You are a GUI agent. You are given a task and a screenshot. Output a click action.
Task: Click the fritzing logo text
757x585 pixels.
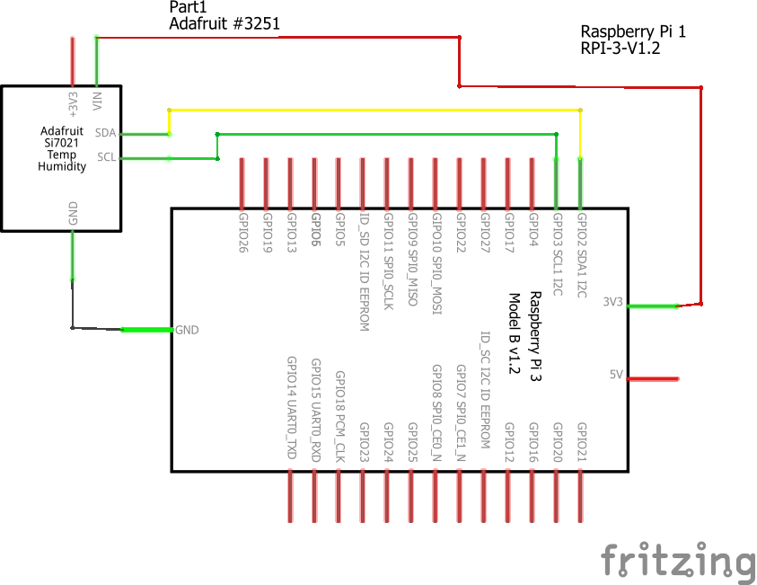678,561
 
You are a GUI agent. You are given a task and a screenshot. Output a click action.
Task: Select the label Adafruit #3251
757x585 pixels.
224,24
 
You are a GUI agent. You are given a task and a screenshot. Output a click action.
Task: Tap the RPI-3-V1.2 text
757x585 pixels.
621,49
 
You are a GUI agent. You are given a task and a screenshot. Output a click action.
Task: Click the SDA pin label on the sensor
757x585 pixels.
106,133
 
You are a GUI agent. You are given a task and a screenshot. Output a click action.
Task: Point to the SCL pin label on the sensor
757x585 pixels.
106,157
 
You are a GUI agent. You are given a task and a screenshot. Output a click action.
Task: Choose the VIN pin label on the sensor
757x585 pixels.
97,99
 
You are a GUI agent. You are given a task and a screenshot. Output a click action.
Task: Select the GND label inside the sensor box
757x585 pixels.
73,213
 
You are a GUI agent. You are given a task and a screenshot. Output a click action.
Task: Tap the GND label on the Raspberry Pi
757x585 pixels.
187,330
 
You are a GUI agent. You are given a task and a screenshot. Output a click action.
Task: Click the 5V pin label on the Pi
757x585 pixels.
616,374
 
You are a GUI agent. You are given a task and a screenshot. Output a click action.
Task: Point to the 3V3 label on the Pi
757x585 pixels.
613,302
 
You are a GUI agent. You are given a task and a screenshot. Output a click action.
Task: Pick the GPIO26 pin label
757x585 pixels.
242,233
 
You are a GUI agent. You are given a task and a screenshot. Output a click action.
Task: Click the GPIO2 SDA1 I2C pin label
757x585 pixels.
581,256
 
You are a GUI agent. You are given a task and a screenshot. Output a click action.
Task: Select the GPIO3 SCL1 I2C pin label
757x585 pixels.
557,256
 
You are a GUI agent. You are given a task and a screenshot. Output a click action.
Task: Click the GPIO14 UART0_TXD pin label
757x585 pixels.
291,408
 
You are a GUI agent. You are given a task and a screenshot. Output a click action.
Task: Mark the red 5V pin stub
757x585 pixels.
652,379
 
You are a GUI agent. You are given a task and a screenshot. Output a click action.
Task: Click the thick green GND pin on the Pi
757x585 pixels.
146,330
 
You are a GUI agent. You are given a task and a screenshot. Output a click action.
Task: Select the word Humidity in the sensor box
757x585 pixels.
62,166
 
